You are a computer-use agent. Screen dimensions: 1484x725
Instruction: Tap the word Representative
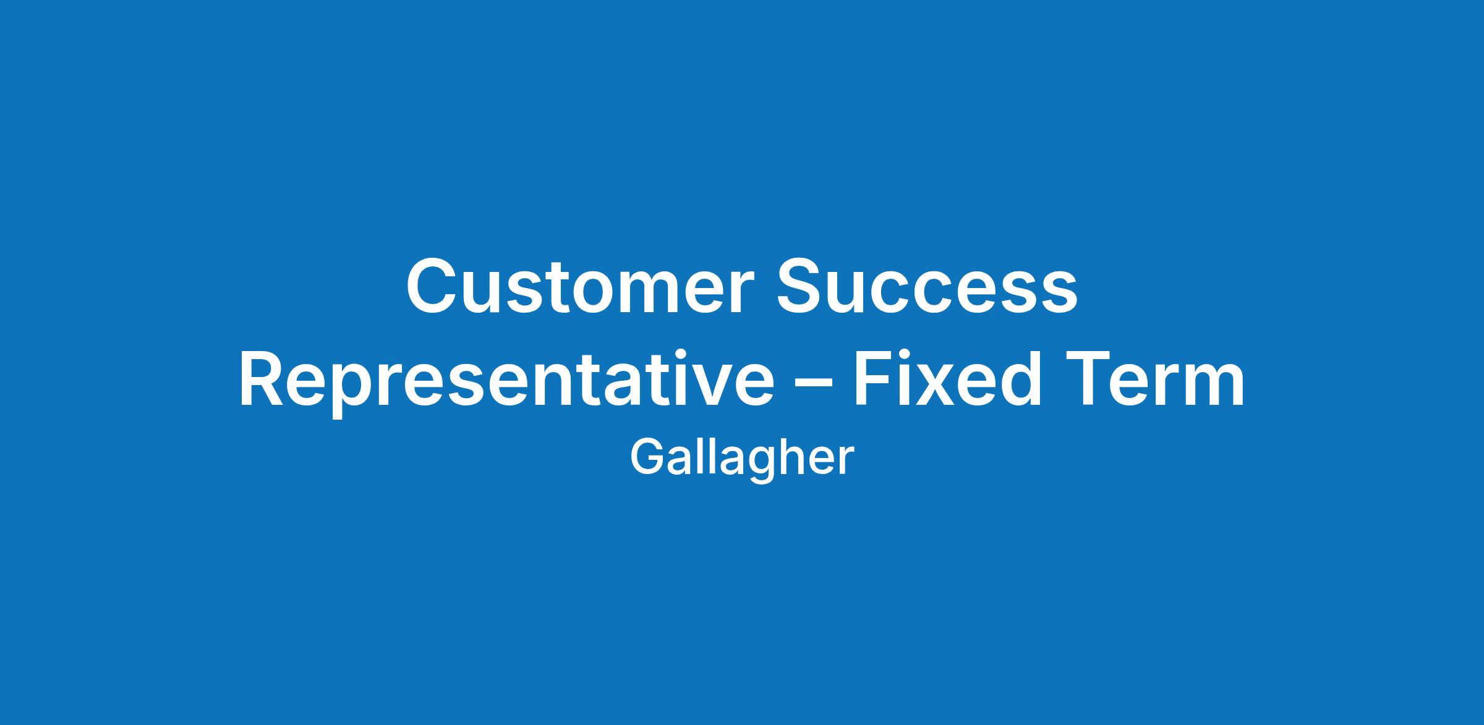pos(506,382)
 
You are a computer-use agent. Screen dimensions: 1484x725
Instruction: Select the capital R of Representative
pos(265,379)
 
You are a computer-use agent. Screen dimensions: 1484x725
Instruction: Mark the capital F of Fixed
pos(873,379)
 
